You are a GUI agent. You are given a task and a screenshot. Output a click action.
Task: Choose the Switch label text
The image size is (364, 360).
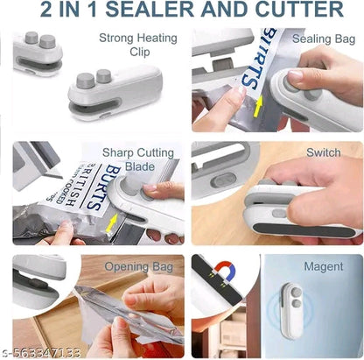pos(324,152)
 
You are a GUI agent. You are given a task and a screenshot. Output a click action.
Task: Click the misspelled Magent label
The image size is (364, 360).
pos(323,266)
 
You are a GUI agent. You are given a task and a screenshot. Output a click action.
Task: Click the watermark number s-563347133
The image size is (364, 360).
pos(42,351)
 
